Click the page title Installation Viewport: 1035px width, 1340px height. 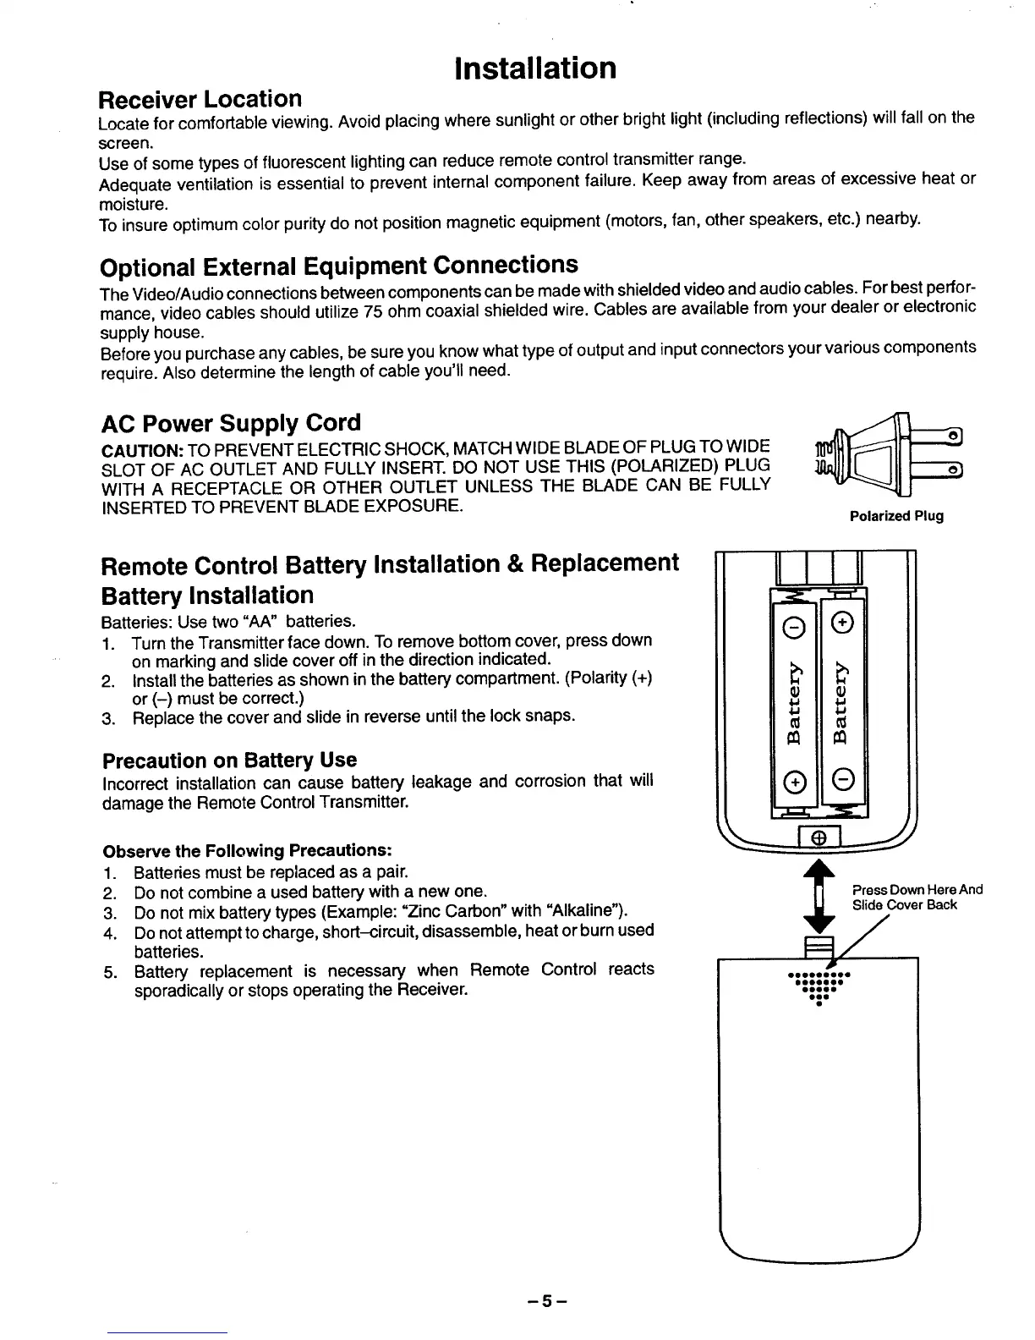point(534,68)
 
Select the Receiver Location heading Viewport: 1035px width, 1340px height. point(200,99)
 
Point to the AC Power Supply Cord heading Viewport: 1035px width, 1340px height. point(230,422)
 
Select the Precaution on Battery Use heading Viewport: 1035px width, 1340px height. point(228,760)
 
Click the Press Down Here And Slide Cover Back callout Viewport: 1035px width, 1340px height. point(917,897)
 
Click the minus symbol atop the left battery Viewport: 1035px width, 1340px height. point(795,626)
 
